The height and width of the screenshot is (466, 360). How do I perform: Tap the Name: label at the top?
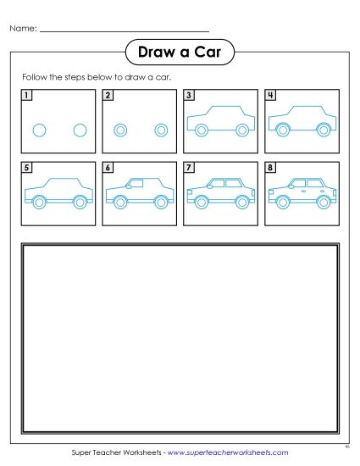pos(23,29)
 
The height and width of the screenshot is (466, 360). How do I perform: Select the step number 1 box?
pos(26,96)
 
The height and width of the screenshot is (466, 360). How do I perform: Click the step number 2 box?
pos(108,96)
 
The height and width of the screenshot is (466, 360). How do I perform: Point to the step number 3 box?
pos(189,96)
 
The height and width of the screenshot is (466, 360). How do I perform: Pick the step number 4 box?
pos(270,96)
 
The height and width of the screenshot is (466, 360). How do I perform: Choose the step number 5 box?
pos(26,169)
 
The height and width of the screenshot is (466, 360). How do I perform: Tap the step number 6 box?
pos(108,169)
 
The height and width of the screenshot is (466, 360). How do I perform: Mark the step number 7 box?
pos(189,169)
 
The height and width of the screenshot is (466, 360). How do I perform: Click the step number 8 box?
pos(270,169)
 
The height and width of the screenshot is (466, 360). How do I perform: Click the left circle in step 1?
pos(38,130)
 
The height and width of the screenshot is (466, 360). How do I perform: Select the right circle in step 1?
pos(80,130)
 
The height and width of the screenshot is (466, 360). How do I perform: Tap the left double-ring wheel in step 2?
pos(120,130)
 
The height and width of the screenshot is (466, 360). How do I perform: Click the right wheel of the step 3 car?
pos(242,130)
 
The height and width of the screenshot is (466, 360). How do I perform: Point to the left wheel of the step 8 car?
pos(282,202)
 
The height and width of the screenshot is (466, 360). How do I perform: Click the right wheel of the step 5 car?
pos(80,202)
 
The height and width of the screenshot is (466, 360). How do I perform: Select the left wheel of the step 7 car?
pos(201,202)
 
